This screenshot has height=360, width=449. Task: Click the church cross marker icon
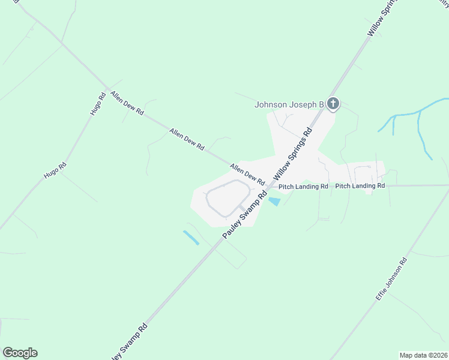point(334,104)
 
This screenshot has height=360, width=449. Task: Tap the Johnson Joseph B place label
point(289,104)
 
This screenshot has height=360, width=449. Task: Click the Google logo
point(20,353)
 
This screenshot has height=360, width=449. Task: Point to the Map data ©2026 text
point(423,355)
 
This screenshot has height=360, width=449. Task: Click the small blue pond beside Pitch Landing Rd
point(274,202)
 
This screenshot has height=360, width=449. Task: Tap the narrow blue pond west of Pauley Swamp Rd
point(191,238)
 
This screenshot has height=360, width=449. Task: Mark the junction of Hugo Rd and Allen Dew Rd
point(107,90)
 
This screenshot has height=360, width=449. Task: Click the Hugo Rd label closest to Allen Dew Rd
point(98,104)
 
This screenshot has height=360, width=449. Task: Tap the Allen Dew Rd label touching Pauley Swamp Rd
point(247,175)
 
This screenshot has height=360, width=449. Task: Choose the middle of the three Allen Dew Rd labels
point(187,139)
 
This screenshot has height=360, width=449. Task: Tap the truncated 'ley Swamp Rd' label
point(131,341)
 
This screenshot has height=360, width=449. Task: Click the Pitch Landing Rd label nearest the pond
point(303,187)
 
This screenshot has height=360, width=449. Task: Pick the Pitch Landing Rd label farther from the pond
point(360,186)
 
